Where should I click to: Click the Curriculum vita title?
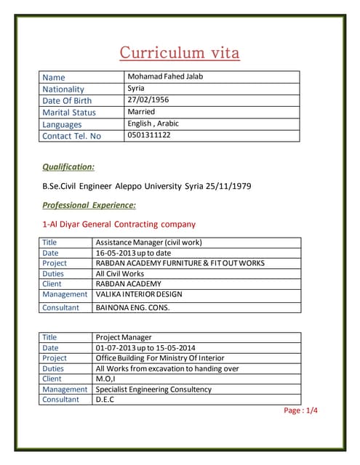pos(179,52)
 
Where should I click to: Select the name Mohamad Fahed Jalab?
pos(165,76)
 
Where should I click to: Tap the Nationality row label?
pos(63,89)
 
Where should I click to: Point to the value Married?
pos(141,112)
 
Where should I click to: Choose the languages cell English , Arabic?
pos(153,124)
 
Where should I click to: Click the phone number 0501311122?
pos(149,135)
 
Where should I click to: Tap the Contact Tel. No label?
pos(72,136)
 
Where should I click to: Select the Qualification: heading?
pos(68,166)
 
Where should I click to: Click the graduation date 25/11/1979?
pos(227,186)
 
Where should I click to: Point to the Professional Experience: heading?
pos(89,205)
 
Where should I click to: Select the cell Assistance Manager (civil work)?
pos(148,242)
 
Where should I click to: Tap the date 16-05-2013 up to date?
pos(135,252)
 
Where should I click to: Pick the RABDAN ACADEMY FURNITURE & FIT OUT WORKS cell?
pos(180,263)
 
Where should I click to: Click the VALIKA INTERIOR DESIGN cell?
pos(139,294)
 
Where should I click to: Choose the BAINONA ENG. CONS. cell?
pos(132,307)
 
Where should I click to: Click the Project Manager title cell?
pos(124,337)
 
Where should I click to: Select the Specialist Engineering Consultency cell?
pos(153,389)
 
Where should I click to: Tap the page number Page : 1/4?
pos(300,411)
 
